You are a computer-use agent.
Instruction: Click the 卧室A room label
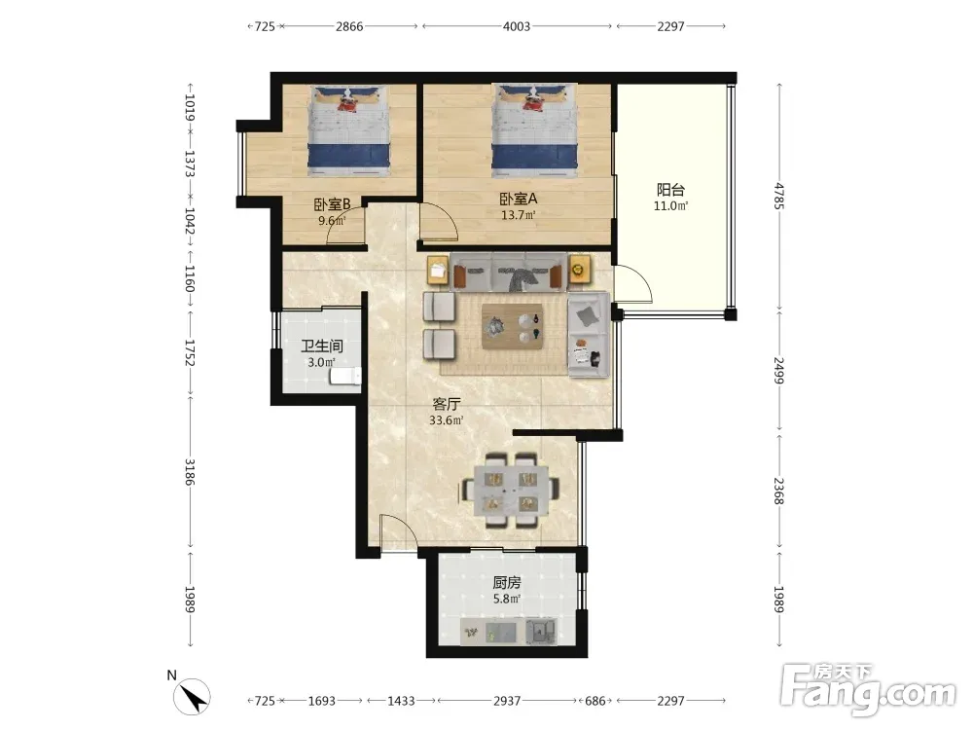(x=519, y=199)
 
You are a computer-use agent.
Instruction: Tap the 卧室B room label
(x=332, y=203)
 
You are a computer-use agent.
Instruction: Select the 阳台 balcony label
(x=670, y=190)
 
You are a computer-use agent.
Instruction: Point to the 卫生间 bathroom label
(x=322, y=347)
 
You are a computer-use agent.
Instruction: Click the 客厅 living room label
(x=447, y=404)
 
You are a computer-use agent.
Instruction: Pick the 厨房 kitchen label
(x=507, y=582)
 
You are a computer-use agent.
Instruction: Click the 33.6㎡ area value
(x=447, y=420)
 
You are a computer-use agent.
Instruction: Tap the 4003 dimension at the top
(x=517, y=26)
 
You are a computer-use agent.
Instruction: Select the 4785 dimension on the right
(x=779, y=197)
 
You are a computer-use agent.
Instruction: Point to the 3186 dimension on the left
(x=191, y=472)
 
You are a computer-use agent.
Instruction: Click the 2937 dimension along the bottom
(x=507, y=701)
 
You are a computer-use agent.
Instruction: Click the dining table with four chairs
(x=512, y=491)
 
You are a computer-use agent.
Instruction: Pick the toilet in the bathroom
(x=345, y=376)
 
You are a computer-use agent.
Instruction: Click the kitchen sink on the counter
(x=541, y=632)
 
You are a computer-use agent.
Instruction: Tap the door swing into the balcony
(x=634, y=283)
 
